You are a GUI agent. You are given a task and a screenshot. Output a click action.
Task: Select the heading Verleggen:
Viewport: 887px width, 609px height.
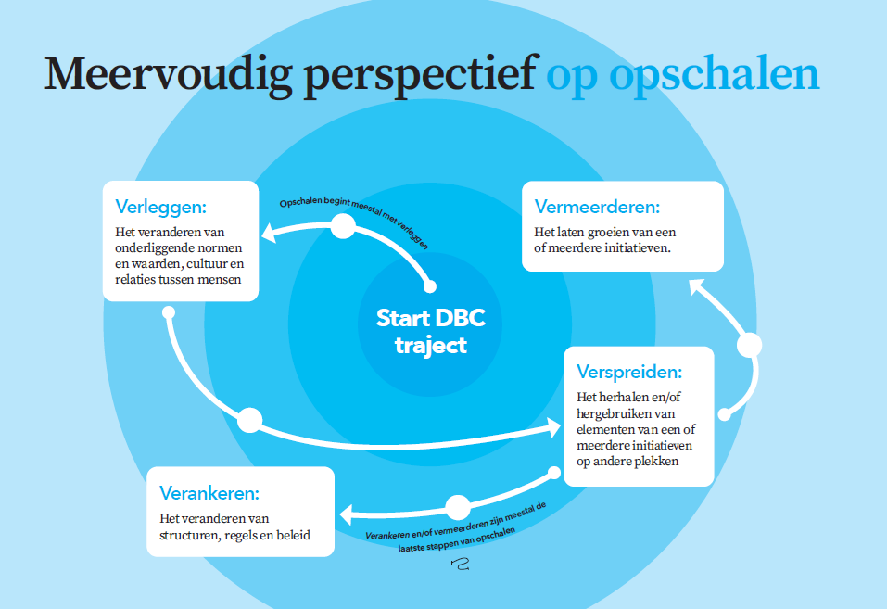pyautogui.click(x=160, y=207)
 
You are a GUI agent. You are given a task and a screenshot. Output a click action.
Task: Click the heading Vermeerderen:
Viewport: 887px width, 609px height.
pyautogui.click(x=597, y=207)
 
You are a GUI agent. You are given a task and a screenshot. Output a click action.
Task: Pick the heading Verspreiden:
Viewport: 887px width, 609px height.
pyautogui.click(x=629, y=372)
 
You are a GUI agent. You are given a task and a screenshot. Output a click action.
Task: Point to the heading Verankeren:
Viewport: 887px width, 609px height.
pyautogui.click(x=209, y=493)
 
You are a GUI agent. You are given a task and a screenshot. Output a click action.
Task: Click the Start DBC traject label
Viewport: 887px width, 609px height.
pyautogui.click(x=431, y=332)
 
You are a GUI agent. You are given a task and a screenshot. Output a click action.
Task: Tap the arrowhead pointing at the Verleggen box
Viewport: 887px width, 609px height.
pyautogui.click(x=270, y=232)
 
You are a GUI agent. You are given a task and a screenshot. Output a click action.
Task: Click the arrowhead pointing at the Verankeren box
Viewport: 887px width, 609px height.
pyautogui.click(x=347, y=514)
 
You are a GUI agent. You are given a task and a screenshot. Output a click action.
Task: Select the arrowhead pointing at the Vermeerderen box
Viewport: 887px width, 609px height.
pyautogui.click(x=696, y=286)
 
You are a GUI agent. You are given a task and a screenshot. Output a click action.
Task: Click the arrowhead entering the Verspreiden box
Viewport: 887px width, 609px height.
pyautogui.click(x=552, y=426)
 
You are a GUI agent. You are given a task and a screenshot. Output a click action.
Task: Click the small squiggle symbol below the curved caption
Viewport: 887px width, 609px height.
pyautogui.click(x=461, y=564)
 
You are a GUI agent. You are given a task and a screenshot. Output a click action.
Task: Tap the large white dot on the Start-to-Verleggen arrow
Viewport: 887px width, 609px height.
pyautogui.click(x=343, y=226)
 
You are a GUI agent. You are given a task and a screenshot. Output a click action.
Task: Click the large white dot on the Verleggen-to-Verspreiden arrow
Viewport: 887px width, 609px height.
pyautogui.click(x=249, y=421)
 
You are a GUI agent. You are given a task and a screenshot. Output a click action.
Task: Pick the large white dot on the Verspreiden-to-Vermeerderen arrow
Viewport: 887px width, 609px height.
pyautogui.click(x=750, y=345)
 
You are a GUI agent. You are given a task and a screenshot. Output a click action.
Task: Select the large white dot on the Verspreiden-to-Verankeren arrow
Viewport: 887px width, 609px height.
pyautogui.click(x=458, y=507)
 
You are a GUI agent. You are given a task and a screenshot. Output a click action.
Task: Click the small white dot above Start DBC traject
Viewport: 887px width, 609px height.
pyautogui.click(x=430, y=286)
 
